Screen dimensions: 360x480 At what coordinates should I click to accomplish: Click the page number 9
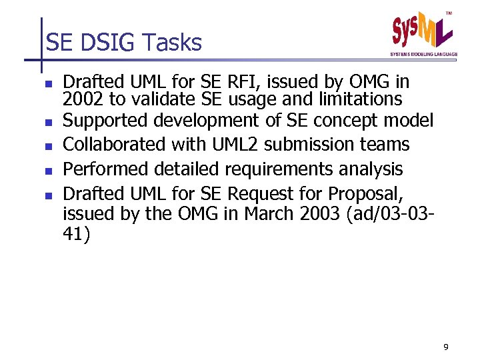click(445, 347)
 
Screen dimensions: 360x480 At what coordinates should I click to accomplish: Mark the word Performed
click(100, 169)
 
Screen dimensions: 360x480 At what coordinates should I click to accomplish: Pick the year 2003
click(323, 215)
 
